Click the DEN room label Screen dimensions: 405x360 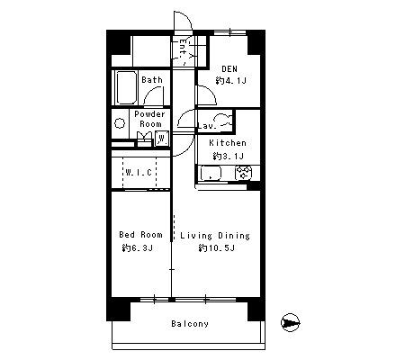click(229, 69)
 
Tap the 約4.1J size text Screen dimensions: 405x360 click(230, 81)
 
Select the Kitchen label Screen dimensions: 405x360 click(228, 143)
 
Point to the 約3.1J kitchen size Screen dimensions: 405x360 click(229, 156)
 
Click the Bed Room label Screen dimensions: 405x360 click(140, 235)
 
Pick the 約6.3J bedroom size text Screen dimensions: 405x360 click(138, 248)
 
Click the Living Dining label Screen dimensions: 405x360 click(215, 236)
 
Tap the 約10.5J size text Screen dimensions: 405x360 click(216, 248)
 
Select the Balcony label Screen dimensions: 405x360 click(190, 324)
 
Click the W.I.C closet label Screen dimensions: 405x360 click(139, 173)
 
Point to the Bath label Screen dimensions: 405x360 click(152, 80)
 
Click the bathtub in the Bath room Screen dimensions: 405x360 click(127, 87)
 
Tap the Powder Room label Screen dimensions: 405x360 click(149, 119)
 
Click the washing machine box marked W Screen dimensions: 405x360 click(162, 139)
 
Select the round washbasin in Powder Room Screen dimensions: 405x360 click(120, 123)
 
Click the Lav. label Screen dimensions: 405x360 click(207, 126)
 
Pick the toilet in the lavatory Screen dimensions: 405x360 click(224, 120)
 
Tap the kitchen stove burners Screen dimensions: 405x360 click(244, 174)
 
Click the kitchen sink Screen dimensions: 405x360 click(211, 174)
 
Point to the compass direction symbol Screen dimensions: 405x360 click(290, 323)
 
